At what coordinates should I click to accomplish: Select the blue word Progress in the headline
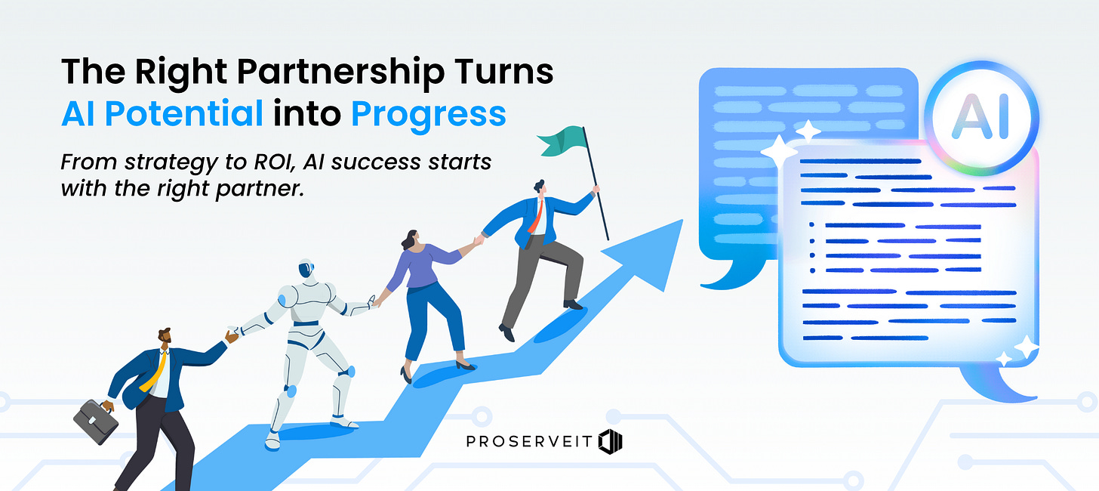pyautogui.click(x=428, y=113)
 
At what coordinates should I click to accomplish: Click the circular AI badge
pyautogui.click(x=980, y=119)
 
